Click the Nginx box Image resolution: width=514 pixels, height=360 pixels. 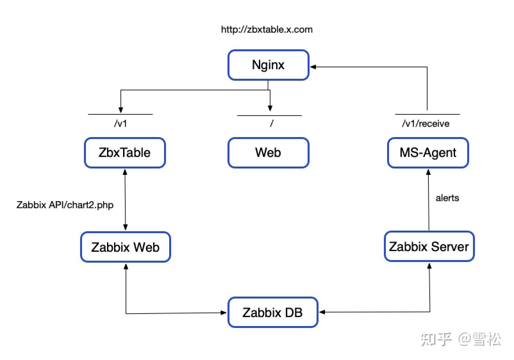click(268, 65)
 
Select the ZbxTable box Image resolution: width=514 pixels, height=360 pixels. click(125, 153)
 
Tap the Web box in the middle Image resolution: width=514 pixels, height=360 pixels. click(268, 153)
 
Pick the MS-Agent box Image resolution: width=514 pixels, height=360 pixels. click(428, 153)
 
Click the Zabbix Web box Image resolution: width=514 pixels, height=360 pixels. click(125, 247)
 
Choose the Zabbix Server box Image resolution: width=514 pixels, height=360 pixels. click(429, 247)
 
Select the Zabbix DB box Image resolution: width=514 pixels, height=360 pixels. click(272, 313)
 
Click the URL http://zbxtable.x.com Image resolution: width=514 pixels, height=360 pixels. click(267, 29)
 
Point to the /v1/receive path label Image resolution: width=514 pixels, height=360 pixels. click(426, 124)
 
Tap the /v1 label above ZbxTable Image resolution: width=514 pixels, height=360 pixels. click(120, 123)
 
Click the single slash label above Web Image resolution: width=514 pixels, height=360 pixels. click(271, 123)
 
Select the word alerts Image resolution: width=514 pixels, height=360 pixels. click(447, 198)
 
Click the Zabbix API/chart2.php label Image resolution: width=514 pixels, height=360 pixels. click(65, 205)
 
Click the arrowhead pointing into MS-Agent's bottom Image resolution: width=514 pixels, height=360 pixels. click(428, 172)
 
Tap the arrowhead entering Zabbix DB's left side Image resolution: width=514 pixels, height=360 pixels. click(224, 313)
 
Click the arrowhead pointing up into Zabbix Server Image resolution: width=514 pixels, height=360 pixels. click(429, 266)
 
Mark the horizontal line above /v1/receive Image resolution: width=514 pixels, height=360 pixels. click(427, 114)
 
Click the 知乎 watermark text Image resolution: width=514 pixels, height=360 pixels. click(436, 339)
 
